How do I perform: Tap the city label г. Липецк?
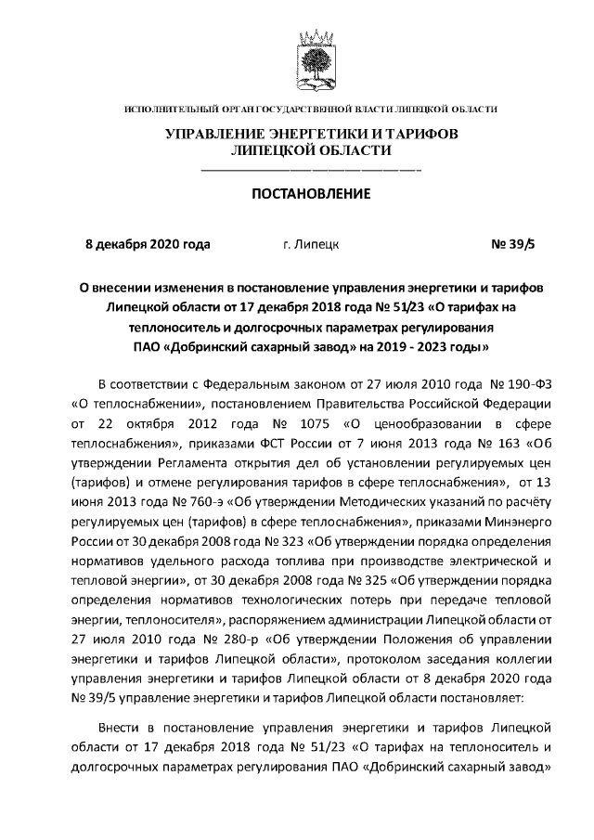click(310, 245)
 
